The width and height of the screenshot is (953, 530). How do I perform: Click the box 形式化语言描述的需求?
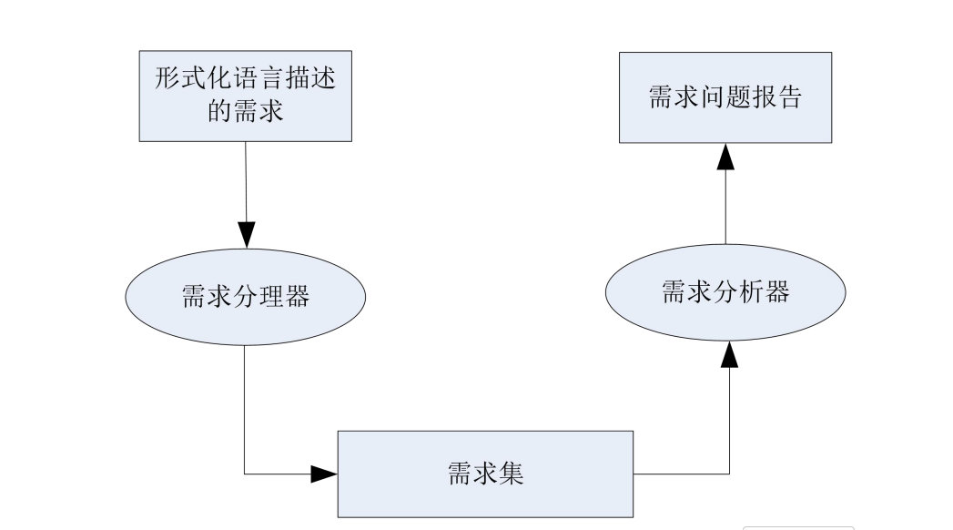246,95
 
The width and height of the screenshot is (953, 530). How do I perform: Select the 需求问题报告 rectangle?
725,97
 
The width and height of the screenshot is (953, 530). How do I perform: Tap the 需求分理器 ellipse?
245,297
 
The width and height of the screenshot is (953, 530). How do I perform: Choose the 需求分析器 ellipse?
725,292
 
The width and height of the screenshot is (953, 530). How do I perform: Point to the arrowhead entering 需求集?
325,474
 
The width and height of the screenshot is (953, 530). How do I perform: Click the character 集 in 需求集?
512,474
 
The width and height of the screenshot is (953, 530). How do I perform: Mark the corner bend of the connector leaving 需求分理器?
245,474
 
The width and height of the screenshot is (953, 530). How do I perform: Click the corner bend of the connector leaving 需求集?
729,474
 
